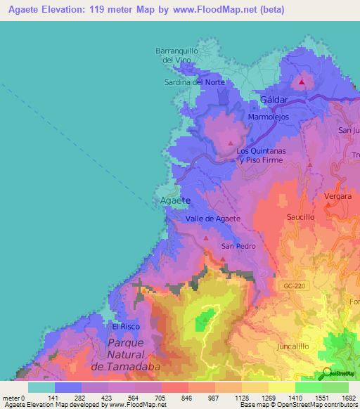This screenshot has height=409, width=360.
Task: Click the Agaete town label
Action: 175,201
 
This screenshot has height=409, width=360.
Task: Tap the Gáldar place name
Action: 274,100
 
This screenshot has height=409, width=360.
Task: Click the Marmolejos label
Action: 268,117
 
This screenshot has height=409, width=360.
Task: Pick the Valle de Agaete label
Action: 213,219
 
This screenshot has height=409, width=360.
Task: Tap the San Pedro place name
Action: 238,247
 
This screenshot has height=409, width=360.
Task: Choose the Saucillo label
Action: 300,218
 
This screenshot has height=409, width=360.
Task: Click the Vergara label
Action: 337,197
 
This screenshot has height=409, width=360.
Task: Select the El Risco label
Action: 127,327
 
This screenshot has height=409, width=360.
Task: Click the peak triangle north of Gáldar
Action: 302,82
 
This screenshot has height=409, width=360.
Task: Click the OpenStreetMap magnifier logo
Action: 326,373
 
